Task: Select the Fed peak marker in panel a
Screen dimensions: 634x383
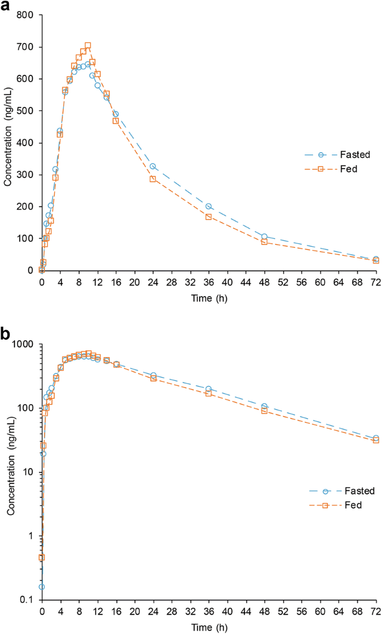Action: tap(88, 45)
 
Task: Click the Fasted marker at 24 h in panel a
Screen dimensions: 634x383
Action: tap(153, 166)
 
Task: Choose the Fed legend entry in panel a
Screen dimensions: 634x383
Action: tap(330, 167)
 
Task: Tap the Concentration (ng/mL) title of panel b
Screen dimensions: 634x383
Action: tap(11, 472)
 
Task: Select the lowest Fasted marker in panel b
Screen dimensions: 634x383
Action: tap(41, 586)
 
